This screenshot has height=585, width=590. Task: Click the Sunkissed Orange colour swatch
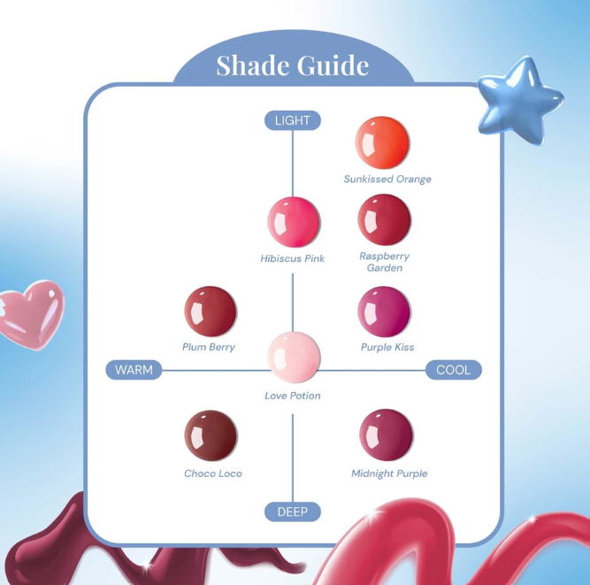click(382, 142)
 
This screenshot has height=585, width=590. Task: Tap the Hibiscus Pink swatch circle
click(294, 222)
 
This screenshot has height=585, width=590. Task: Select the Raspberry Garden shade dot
click(384, 219)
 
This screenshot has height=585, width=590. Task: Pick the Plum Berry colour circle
click(211, 312)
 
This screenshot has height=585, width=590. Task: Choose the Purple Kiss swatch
click(384, 312)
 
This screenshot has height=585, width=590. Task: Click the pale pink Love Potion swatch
click(294, 358)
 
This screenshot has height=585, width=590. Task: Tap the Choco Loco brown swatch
click(211, 435)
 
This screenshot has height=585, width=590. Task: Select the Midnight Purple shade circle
click(386, 435)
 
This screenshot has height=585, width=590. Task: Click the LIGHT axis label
click(293, 120)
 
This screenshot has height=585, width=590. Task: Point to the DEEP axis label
click(293, 512)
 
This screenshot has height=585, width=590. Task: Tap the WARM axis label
click(134, 370)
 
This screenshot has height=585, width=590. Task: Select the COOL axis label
click(454, 370)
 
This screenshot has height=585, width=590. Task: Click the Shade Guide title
click(293, 65)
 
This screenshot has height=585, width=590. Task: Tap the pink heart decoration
click(32, 314)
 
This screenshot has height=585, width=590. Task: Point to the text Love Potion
click(293, 396)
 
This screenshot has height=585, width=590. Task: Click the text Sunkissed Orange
click(387, 179)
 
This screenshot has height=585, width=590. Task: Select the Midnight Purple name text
click(389, 473)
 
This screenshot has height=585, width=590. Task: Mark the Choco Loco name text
click(213, 473)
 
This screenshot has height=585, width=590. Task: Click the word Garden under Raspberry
click(385, 268)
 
